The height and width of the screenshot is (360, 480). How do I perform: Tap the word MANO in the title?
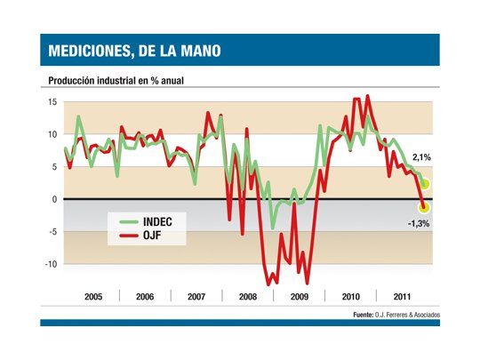(196, 52)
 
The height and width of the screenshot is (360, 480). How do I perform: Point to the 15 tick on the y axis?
(52, 102)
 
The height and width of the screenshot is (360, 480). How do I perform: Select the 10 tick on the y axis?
(52, 134)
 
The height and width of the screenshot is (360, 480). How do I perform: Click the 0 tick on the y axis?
(54, 199)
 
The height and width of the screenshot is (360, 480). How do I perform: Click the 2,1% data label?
(421, 157)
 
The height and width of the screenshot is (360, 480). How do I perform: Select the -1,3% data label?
(419, 223)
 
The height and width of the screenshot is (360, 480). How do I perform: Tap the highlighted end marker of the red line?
(424, 207)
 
